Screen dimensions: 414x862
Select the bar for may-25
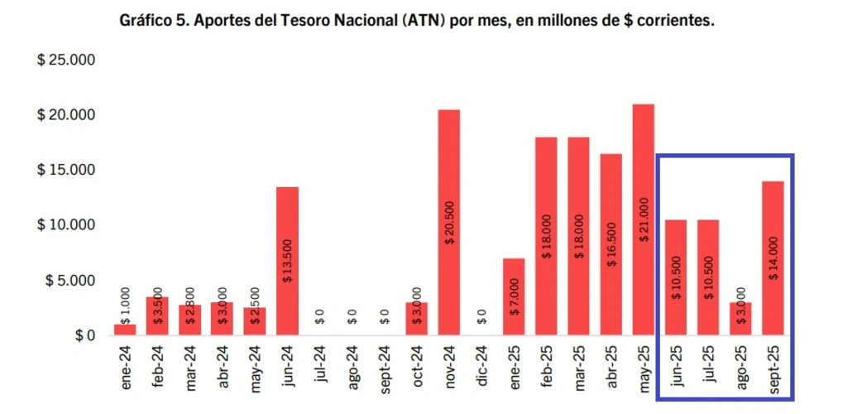643,219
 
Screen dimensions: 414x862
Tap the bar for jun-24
287,261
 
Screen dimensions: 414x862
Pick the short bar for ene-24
125,330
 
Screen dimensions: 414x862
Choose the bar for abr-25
611,244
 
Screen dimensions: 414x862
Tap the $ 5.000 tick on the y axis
70,281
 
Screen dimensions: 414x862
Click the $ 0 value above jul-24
319,317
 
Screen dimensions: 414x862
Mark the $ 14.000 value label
773,258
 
